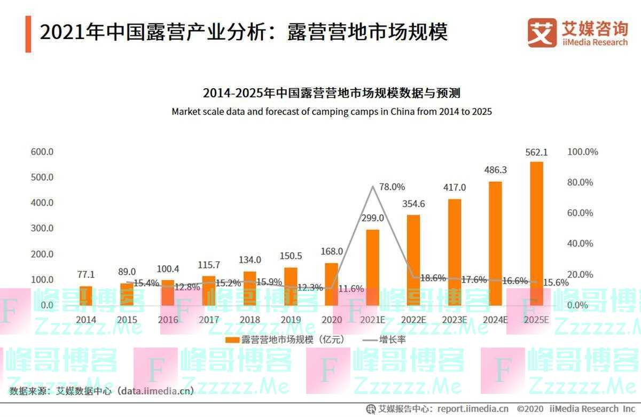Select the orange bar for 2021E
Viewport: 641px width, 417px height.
click(373, 267)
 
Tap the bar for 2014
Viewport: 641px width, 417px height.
click(86, 296)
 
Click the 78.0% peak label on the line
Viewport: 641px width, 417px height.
click(392, 187)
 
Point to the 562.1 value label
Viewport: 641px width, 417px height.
click(536, 153)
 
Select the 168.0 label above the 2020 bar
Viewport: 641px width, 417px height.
click(332, 251)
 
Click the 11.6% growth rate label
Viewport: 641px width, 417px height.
click(351, 289)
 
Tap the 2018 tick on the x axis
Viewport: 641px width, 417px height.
click(250, 320)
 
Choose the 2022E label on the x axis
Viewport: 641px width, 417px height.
click(413, 320)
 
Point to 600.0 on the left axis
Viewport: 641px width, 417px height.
click(42, 152)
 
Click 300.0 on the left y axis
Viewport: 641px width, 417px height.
click(42, 228)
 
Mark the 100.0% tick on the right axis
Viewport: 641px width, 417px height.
click(582, 152)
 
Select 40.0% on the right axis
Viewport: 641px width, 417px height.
click(580, 244)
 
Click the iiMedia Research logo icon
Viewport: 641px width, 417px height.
click(542, 33)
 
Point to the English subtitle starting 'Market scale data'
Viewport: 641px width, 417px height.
click(331, 112)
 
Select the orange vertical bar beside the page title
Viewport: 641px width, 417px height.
click(28, 34)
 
